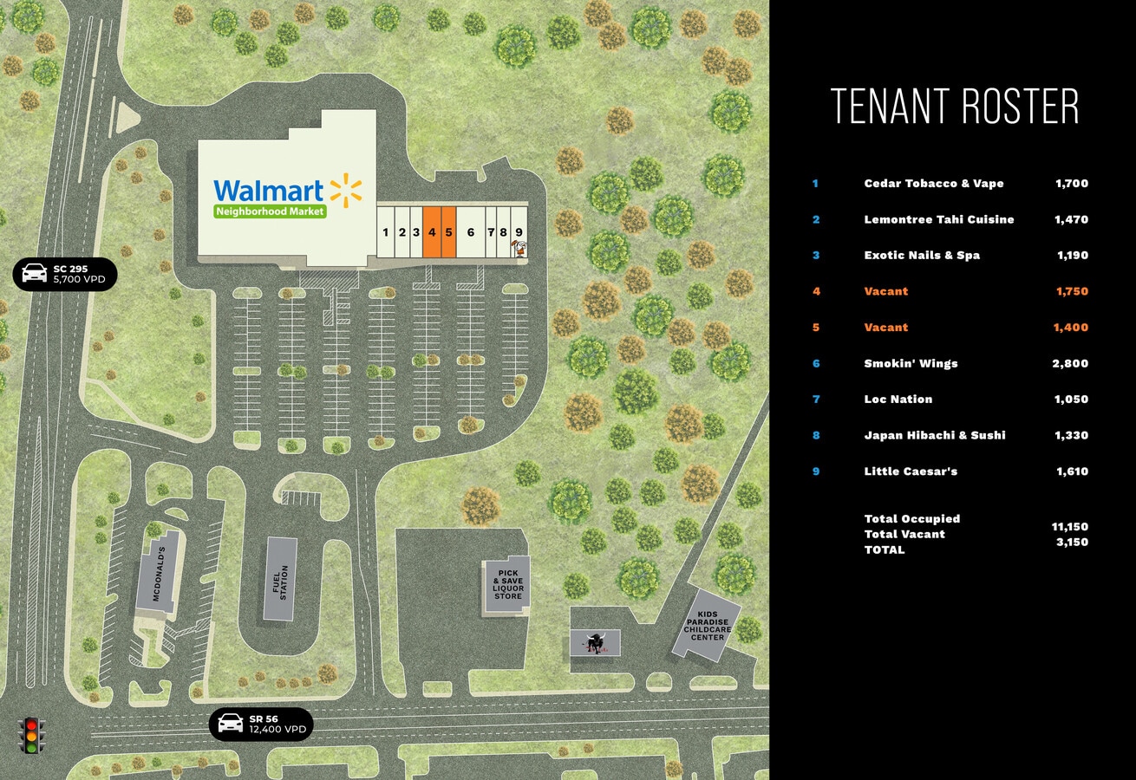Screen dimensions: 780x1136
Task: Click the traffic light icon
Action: click(x=32, y=735)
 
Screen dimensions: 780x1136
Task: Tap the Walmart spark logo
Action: click(x=345, y=191)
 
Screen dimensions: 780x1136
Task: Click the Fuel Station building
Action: click(x=280, y=579)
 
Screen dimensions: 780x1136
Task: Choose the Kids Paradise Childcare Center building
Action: click(x=707, y=626)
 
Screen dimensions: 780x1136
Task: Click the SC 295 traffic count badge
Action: click(x=65, y=274)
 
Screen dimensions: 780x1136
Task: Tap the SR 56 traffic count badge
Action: click(x=261, y=724)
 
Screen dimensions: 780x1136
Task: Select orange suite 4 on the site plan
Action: click(x=432, y=231)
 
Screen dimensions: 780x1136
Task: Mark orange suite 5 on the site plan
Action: click(x=449, y=231)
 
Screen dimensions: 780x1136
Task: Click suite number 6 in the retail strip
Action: click(x=471, y=231)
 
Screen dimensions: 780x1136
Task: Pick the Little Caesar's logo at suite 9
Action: click(x=519, y=250)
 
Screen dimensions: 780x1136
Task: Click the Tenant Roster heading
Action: click(x=955, y=107)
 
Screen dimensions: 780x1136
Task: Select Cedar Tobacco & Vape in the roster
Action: click(x=933, y=184)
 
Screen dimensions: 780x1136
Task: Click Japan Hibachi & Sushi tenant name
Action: click(x=934, y=436)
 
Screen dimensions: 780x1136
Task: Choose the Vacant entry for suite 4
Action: click(x=885, y=292)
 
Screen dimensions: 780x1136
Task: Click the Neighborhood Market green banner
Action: click(x=270, y=211)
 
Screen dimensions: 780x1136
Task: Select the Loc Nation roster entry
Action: click(x=898, y=400)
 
